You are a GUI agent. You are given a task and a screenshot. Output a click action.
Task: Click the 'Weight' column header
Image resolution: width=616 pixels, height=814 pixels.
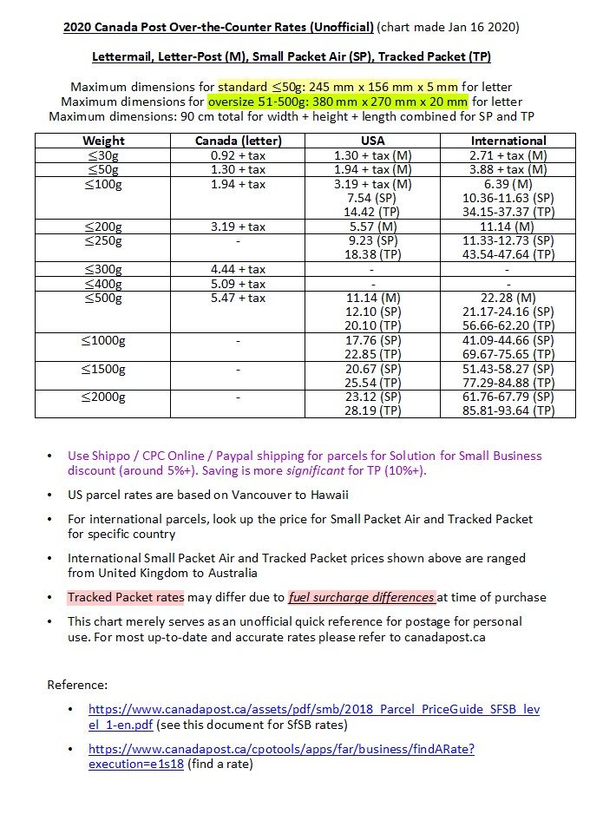pos(103,141)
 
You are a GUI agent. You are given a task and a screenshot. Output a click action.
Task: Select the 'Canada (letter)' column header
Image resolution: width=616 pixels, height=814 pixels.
pos(238,141)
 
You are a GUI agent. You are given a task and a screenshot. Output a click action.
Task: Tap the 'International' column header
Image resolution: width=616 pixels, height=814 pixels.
pos(508,141)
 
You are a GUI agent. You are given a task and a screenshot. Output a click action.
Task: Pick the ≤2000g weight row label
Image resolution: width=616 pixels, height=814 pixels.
pos(103,397)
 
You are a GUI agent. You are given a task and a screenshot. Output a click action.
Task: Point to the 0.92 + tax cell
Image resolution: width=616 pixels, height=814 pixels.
pos(238,155)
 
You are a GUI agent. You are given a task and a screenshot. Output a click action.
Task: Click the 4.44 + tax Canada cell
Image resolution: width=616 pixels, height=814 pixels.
pos(238,269)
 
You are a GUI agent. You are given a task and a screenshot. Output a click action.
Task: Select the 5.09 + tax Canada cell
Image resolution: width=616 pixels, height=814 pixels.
pos(238,284)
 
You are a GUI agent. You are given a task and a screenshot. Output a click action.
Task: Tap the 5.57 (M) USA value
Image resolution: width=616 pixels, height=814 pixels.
pos(372,226)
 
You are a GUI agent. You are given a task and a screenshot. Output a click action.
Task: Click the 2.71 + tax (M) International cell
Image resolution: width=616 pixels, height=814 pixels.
pos(508,155)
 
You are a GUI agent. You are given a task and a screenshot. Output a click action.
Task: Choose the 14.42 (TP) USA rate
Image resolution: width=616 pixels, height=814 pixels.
pos(372,212)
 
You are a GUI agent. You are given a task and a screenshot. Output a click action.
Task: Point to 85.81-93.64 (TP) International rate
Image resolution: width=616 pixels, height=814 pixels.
pos(508,410)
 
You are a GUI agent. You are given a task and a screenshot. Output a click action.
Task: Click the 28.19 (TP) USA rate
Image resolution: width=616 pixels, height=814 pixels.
pos(372,410)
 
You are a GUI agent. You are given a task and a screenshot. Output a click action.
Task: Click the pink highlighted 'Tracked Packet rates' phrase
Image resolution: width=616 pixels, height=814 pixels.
pos(126,597)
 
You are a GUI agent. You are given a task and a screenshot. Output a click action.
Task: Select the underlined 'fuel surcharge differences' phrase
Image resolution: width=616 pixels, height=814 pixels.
pos(362,597)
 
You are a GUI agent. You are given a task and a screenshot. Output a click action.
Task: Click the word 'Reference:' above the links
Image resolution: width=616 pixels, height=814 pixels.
pos(77,685)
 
